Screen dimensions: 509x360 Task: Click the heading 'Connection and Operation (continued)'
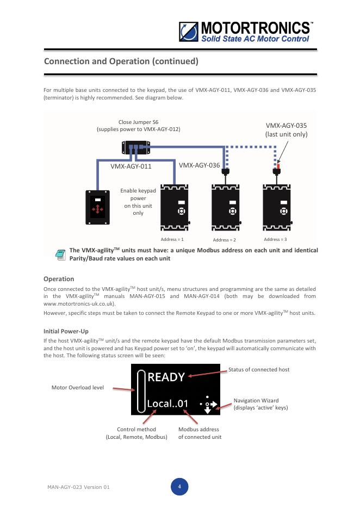click(x=121, y=61)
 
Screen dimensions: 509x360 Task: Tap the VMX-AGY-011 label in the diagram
click(x=131, y=166)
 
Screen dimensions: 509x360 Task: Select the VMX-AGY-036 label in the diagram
click(x=199, y=165)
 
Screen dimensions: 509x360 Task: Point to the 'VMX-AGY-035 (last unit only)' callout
click(x=286, y=129)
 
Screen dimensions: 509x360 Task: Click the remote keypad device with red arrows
click(x=98, y=207)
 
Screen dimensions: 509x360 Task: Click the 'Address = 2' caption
click(x=224, y=240)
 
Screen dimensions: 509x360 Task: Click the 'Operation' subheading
click(x=59, y=279)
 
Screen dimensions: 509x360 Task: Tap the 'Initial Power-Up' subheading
click(x=65, y=331)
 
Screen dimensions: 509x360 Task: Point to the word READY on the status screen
click(x=166, y=376)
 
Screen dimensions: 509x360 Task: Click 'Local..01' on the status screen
click(x=168, y=404)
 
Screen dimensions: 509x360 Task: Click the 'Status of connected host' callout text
click(x=259, y=369)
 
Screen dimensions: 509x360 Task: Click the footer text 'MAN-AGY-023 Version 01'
click(x=78, y=487)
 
